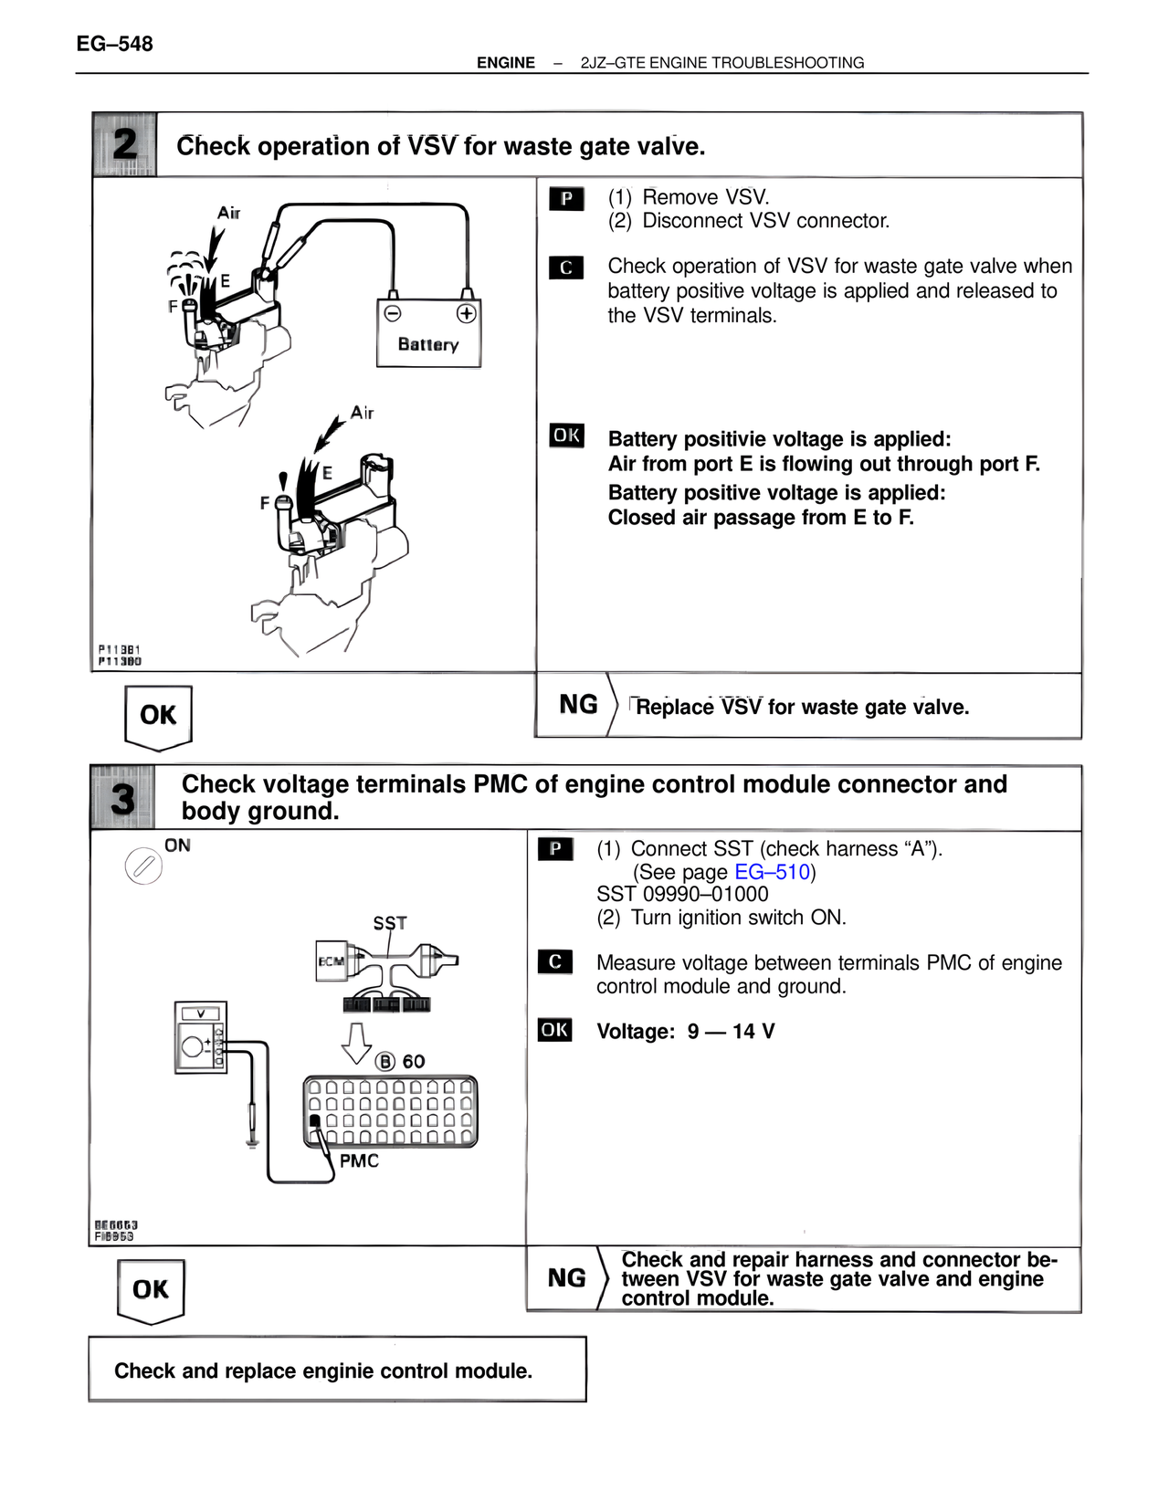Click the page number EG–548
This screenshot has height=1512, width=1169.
pos(114,44)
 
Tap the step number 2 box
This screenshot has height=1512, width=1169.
pos(124,144)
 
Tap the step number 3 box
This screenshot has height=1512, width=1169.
pos(122,798)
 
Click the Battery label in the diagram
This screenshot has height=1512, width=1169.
pos(427,344)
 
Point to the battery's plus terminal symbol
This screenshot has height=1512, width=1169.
pos(466,313)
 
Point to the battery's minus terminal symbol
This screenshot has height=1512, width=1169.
pos(393,313)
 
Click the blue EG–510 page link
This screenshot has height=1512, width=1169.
pos(772,872)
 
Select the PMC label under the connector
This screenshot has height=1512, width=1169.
pos(359,1160)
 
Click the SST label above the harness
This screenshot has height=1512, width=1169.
pos(390,923)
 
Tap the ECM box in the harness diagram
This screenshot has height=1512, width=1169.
pos(330,961)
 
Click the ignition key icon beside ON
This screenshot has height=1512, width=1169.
pos(143,866)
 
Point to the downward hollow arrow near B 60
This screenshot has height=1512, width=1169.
pos(356,1043)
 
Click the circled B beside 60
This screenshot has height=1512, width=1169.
pos(386,1061)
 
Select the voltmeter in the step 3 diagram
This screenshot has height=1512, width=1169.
pos(200,1038)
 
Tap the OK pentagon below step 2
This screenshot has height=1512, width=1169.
pos(158,716)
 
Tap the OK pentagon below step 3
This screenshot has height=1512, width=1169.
pos(151,1289)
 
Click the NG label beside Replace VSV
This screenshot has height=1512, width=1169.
pos(578,705)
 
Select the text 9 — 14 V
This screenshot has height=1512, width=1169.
pos(731,1032)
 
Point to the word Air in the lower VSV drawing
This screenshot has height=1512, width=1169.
pos(363,413)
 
